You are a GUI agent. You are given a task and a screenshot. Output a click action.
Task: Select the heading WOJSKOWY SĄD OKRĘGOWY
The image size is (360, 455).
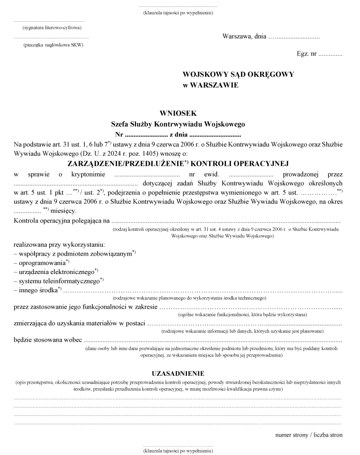point(238,74)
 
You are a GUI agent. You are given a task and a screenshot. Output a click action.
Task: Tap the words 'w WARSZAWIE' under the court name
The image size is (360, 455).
point(211,85)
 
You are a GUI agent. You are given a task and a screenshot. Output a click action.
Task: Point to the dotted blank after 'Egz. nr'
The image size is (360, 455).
point(330,53)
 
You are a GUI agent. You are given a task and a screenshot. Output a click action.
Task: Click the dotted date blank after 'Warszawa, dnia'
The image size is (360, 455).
point(293,37)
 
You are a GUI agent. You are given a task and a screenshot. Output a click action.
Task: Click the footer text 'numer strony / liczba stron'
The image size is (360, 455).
point(309,435)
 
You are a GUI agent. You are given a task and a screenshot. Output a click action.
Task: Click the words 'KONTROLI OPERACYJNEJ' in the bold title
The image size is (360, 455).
point(239,164)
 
